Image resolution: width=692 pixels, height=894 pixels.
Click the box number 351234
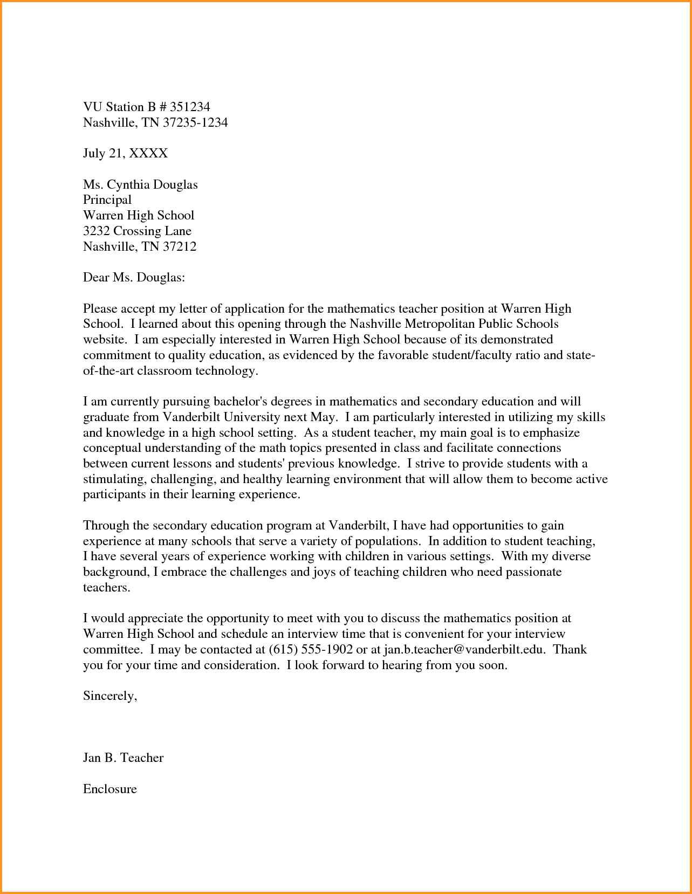click(x=189, y=107)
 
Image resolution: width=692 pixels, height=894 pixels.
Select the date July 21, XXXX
click(x=125, y=154)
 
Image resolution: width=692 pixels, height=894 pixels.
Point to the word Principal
click(x=107, y=200)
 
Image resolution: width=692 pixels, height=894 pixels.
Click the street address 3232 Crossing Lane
click(x=137, y=231)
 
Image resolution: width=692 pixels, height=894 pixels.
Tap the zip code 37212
click(x=180, y=247)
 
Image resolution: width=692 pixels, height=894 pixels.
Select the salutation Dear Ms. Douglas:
click(x=134, y=278)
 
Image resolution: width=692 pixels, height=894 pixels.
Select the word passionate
click(x=533, y=572)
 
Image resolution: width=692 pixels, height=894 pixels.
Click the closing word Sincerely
click(x=109, y=696)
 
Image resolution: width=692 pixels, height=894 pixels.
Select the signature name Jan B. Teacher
click(x=123, y=758)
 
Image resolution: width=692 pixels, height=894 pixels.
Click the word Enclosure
click(x=110, y=789)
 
